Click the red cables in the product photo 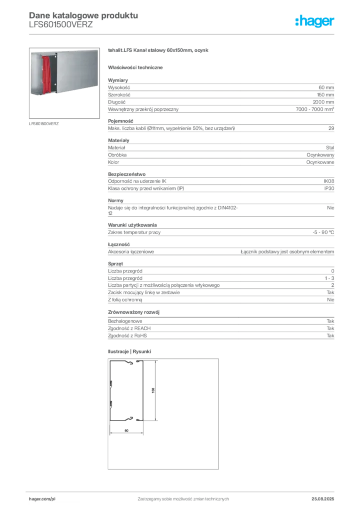(47, 75)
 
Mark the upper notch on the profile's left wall (111, 384)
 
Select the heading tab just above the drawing (130, 349)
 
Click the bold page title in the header (82, 15)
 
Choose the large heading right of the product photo (159, 51)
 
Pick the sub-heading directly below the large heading (137, 67)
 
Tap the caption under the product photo (44, 123)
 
